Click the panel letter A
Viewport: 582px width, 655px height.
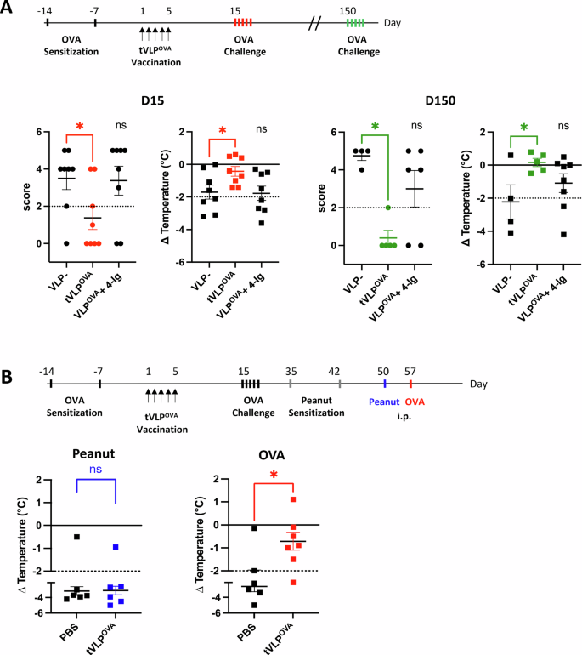(x=9, y=8)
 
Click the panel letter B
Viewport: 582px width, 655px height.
(x=9, y=348)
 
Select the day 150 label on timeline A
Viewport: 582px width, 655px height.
(x=348, y=8)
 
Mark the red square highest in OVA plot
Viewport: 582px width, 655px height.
(x=293, y=499)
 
